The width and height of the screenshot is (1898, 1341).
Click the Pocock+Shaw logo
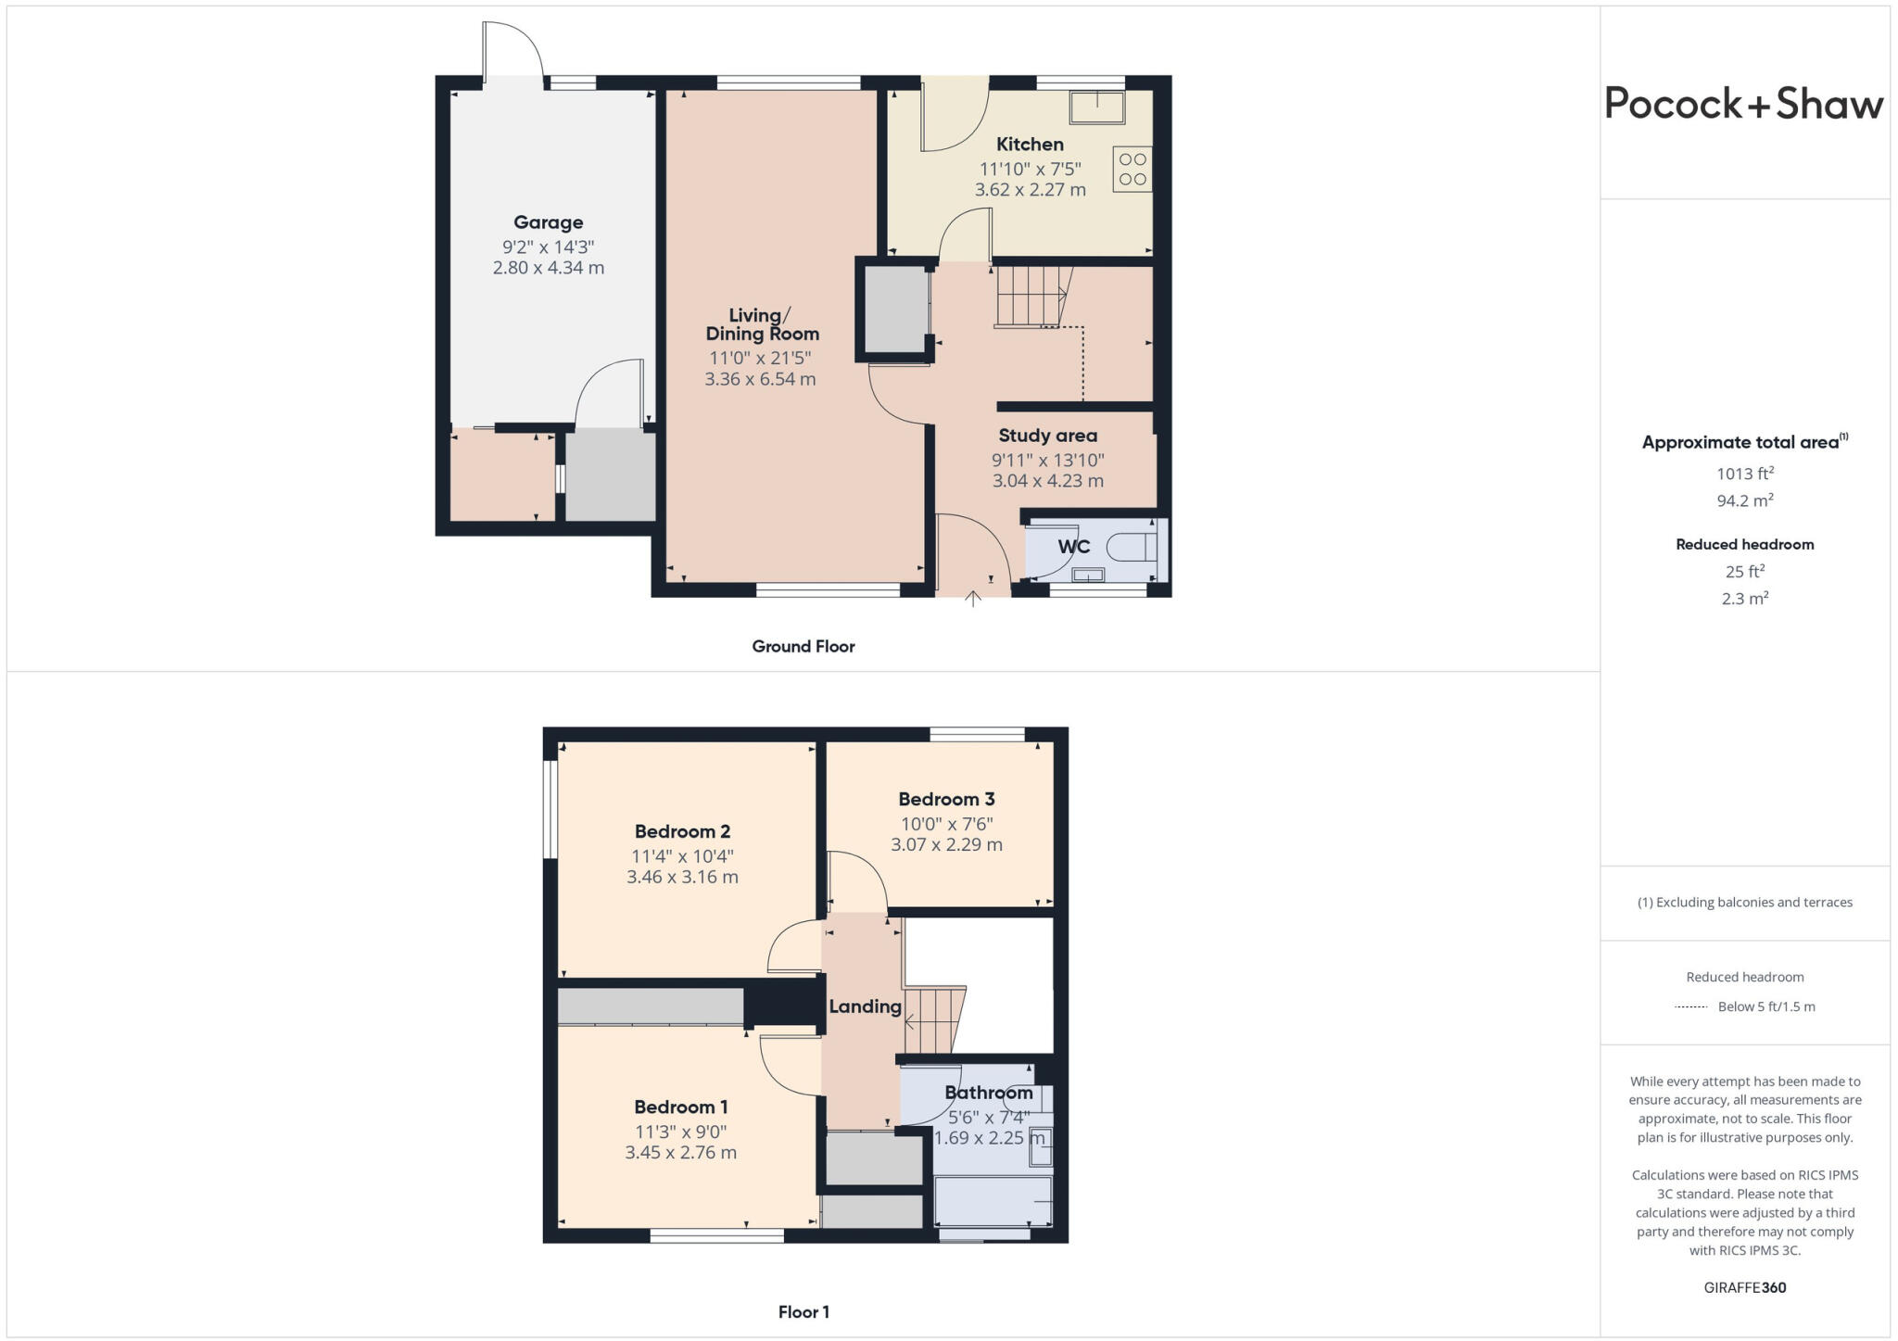tap(1743, 104)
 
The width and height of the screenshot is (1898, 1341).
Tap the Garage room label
tap(549, 222)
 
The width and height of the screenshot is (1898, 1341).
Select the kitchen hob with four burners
tap(1132, 169)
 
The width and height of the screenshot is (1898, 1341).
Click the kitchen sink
tap(1097, 107)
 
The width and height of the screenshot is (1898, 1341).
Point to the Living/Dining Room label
tap(762, 324)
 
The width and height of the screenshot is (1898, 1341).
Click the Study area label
tap(1047, 436)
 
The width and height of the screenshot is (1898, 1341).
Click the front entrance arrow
tap(973, 599)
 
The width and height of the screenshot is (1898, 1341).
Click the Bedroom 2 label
tap(682, 831)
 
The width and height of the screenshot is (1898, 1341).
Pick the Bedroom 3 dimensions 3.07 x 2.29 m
tap(946, 844)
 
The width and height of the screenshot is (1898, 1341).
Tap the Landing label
tap(865, 1006)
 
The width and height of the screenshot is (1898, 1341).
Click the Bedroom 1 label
tap(680, 1107)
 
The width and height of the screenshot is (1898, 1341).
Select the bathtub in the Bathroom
tap(993, 1202)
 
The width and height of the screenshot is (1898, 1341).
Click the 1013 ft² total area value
tap(1744, 474)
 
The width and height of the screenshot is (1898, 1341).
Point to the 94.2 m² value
tap(1744, 500)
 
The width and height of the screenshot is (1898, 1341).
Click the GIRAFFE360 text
tap(1744, 1287)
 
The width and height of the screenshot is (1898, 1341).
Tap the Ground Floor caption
tap(803, 647)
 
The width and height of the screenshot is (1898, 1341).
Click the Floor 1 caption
tap(803, 1312)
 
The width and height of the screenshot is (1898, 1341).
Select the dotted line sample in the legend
tap(1691, 1007)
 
